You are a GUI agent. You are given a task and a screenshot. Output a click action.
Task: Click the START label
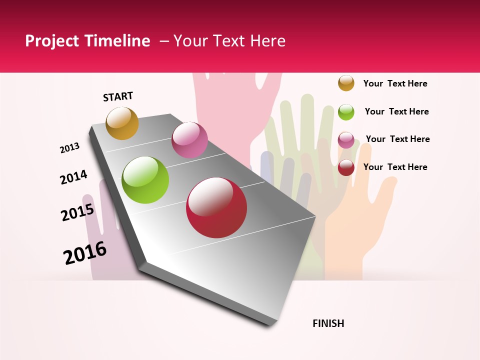pyautogui.click(x=118, y=96)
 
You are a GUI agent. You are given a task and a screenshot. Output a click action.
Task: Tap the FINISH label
pyautogui.click(x=328, y=323)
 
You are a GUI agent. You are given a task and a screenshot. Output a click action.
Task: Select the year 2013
pyautogui.click(x=69, y=148)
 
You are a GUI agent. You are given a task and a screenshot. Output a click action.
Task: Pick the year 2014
pyautogui.click(x=73, y=177)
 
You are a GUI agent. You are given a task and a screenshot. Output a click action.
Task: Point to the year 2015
pyautogui.click(x=77, y=212)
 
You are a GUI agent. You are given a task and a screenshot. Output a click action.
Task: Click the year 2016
pyautogui.click(x=85, y=253)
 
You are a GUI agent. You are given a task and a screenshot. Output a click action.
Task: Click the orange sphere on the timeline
pyautogui.click(x=122, y=123)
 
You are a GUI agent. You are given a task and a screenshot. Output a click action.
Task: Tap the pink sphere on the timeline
pyautogui.click(x=189, y=140)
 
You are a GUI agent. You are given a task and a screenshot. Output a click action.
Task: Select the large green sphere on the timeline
pyautogui.click(x=145, y=180)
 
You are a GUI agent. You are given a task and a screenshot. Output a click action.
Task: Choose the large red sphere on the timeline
pyautogui.click(x=216, y=207)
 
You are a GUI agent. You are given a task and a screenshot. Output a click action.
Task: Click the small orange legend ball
pyautogui.click(x=346, y=83)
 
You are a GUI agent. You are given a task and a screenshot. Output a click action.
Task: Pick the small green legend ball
pyautogui.click(x=346, y=112)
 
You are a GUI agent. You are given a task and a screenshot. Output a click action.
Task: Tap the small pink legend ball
pyautogui.click(x=346, y=140)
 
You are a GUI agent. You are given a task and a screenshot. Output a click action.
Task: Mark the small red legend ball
pyautogui.click(x=346, y=167)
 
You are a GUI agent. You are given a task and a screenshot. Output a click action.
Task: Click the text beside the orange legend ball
pyautogui.click(x=395, y=83)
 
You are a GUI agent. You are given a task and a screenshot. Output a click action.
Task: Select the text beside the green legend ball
pyautogui.click(x=396, y=111)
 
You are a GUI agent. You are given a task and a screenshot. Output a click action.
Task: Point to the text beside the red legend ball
pyautogui.click(x=395, y=167)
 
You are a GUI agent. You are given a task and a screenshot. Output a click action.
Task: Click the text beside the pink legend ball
pyautogui.click(x=397, y=139)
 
